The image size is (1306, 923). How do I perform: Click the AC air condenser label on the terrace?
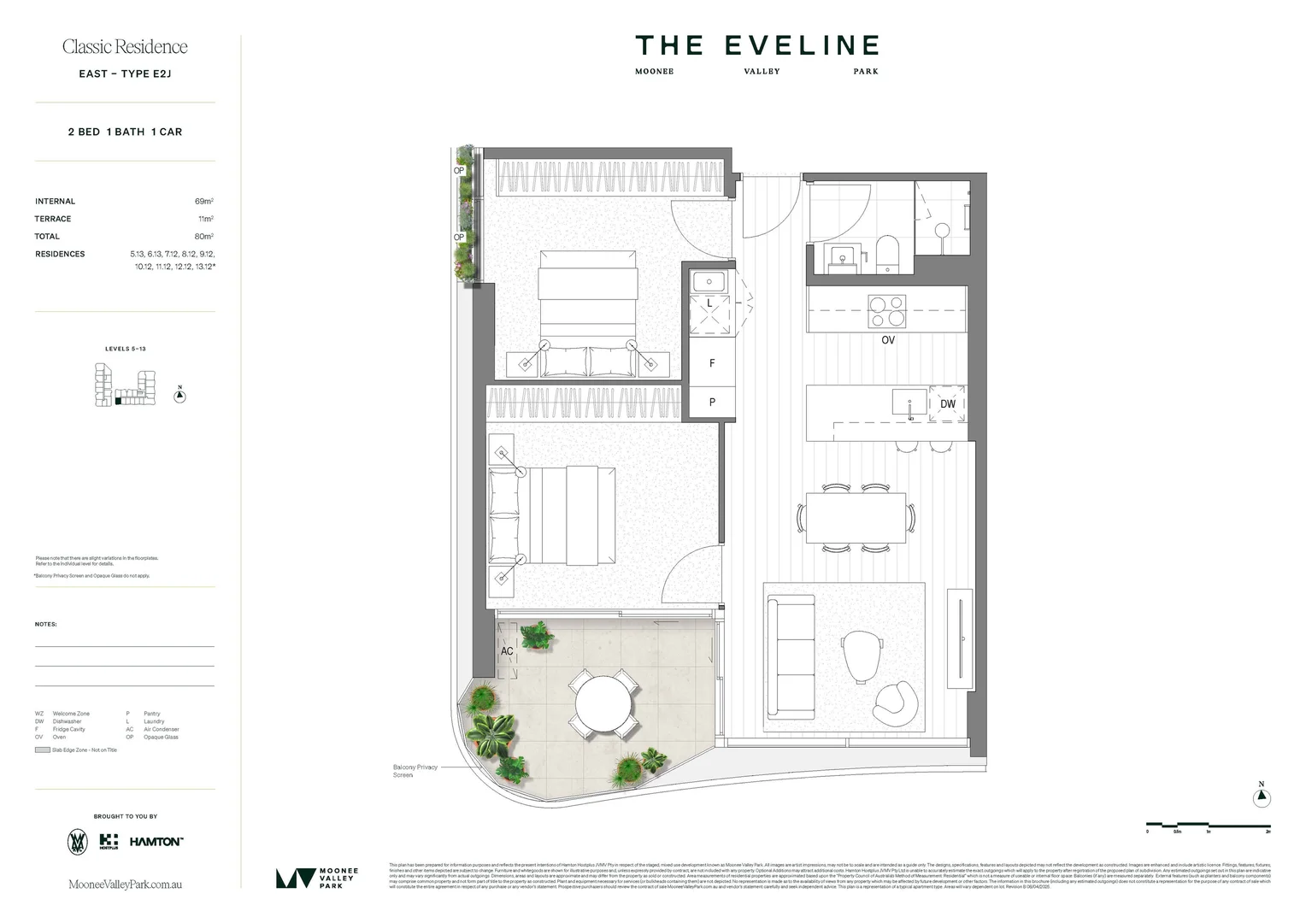point(507,651)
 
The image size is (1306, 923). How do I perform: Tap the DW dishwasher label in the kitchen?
point(948,404)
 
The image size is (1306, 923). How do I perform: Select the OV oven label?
point(888,340)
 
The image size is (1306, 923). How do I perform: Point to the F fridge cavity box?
point(712,363)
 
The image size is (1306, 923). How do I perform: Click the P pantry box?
point(712,402)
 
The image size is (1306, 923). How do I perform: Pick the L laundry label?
point(709,303)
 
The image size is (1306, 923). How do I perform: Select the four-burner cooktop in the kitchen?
point(887,310)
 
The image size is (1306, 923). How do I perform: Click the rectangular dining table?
point(856,518)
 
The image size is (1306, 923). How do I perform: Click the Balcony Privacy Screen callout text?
point(415,771)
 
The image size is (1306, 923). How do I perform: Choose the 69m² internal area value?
point(203,202)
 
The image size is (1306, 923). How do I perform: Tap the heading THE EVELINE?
point(756,46)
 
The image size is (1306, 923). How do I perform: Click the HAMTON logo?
point(156,842)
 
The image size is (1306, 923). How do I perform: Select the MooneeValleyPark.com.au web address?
point(125,885)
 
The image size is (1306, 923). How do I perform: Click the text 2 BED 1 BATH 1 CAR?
point(125,132)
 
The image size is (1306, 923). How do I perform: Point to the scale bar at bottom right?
point(1208,826)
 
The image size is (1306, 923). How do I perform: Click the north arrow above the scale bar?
point(1262,797)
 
